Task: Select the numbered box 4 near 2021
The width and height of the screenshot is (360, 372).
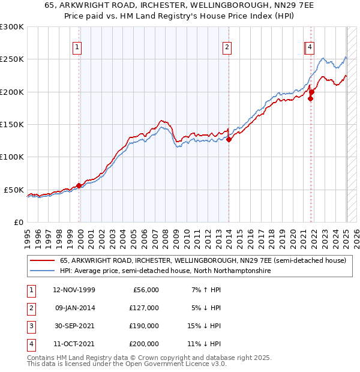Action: pos(310,48)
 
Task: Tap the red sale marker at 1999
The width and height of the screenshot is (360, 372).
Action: pos(79,185)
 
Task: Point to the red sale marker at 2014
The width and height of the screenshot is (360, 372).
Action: pos(229,139)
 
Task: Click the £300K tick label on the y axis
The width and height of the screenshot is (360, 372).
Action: pos(12,27)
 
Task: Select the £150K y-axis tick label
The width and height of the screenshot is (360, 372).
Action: pos(12,124)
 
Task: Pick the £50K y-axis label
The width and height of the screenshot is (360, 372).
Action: pos(14,190)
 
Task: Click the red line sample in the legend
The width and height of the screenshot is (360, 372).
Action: pos(42,261)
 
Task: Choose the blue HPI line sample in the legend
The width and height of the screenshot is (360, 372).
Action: pos(42,271)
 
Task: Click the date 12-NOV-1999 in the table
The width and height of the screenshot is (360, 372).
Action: pos(74,290)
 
